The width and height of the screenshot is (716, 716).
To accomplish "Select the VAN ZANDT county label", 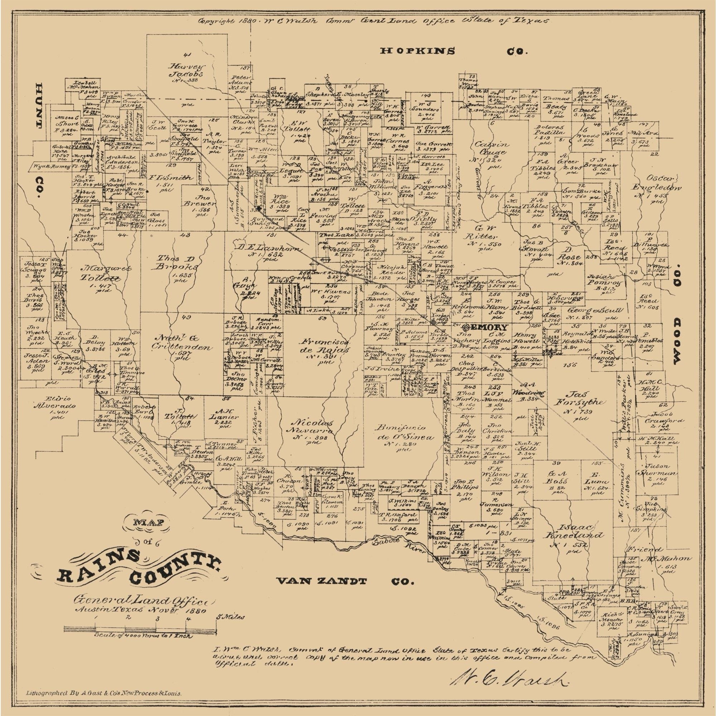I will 322,580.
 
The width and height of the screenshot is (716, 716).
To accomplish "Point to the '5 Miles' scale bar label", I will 231,617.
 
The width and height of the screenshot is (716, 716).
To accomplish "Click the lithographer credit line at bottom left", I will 103,692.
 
